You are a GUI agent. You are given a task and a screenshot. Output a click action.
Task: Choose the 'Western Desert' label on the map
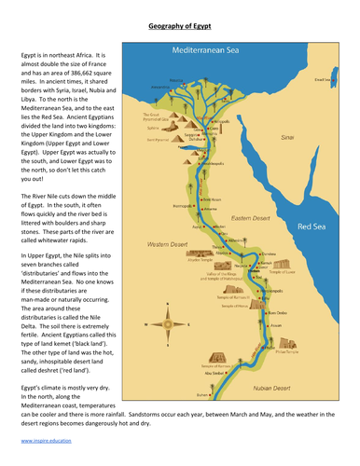[165, 245]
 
